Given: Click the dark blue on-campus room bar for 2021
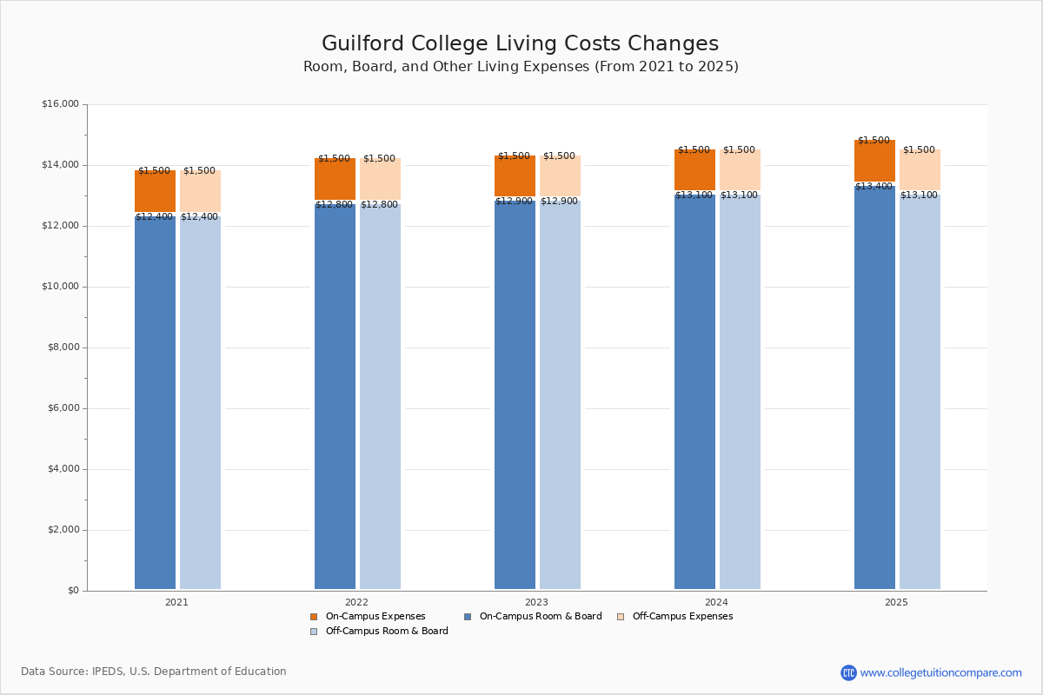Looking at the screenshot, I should pyautogui.click(x=155, y=404).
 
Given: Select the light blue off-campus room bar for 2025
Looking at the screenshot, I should pyautogui.click(x=920, y=391).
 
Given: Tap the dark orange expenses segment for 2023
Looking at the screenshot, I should pyautogui.click(x=515, y=176).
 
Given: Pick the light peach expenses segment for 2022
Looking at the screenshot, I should pyautogui.click(x=380, y=180).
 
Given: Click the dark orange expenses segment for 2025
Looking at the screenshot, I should pyautogui.click(x=874, y=162).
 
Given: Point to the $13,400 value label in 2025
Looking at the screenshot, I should pyautogui.click(x=874, y=186).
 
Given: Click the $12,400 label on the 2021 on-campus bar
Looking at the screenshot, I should pyautogui.click(x=155, y=217).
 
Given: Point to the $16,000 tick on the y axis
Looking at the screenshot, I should pyautogui.click(x=60, y=104).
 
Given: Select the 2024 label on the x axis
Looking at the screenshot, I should pyautogui.click(x=717, y=602).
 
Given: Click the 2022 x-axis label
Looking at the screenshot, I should pyautogui.click(x=356, y=602).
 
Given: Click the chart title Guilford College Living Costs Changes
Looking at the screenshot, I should pyautogui.click(x=520, y=43).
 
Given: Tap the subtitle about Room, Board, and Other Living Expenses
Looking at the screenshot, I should pyautogui.click(x=521, y=67).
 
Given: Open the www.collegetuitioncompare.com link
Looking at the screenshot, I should pyautogui.click(x=940, y=672).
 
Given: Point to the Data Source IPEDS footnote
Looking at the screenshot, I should pyautogui.click(x=154, y=672).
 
